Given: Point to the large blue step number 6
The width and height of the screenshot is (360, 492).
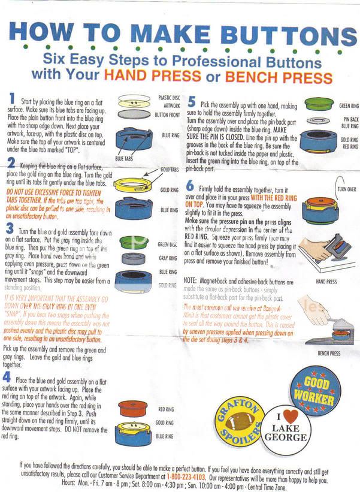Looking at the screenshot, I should (x=191, y=188).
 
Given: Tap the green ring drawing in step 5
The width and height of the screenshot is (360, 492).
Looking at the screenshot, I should (x=323, y=104).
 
